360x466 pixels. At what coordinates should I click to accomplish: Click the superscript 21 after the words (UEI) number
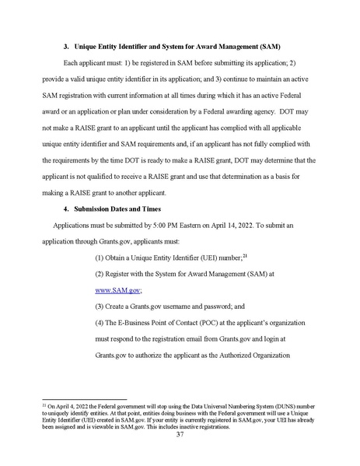point(244,254)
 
